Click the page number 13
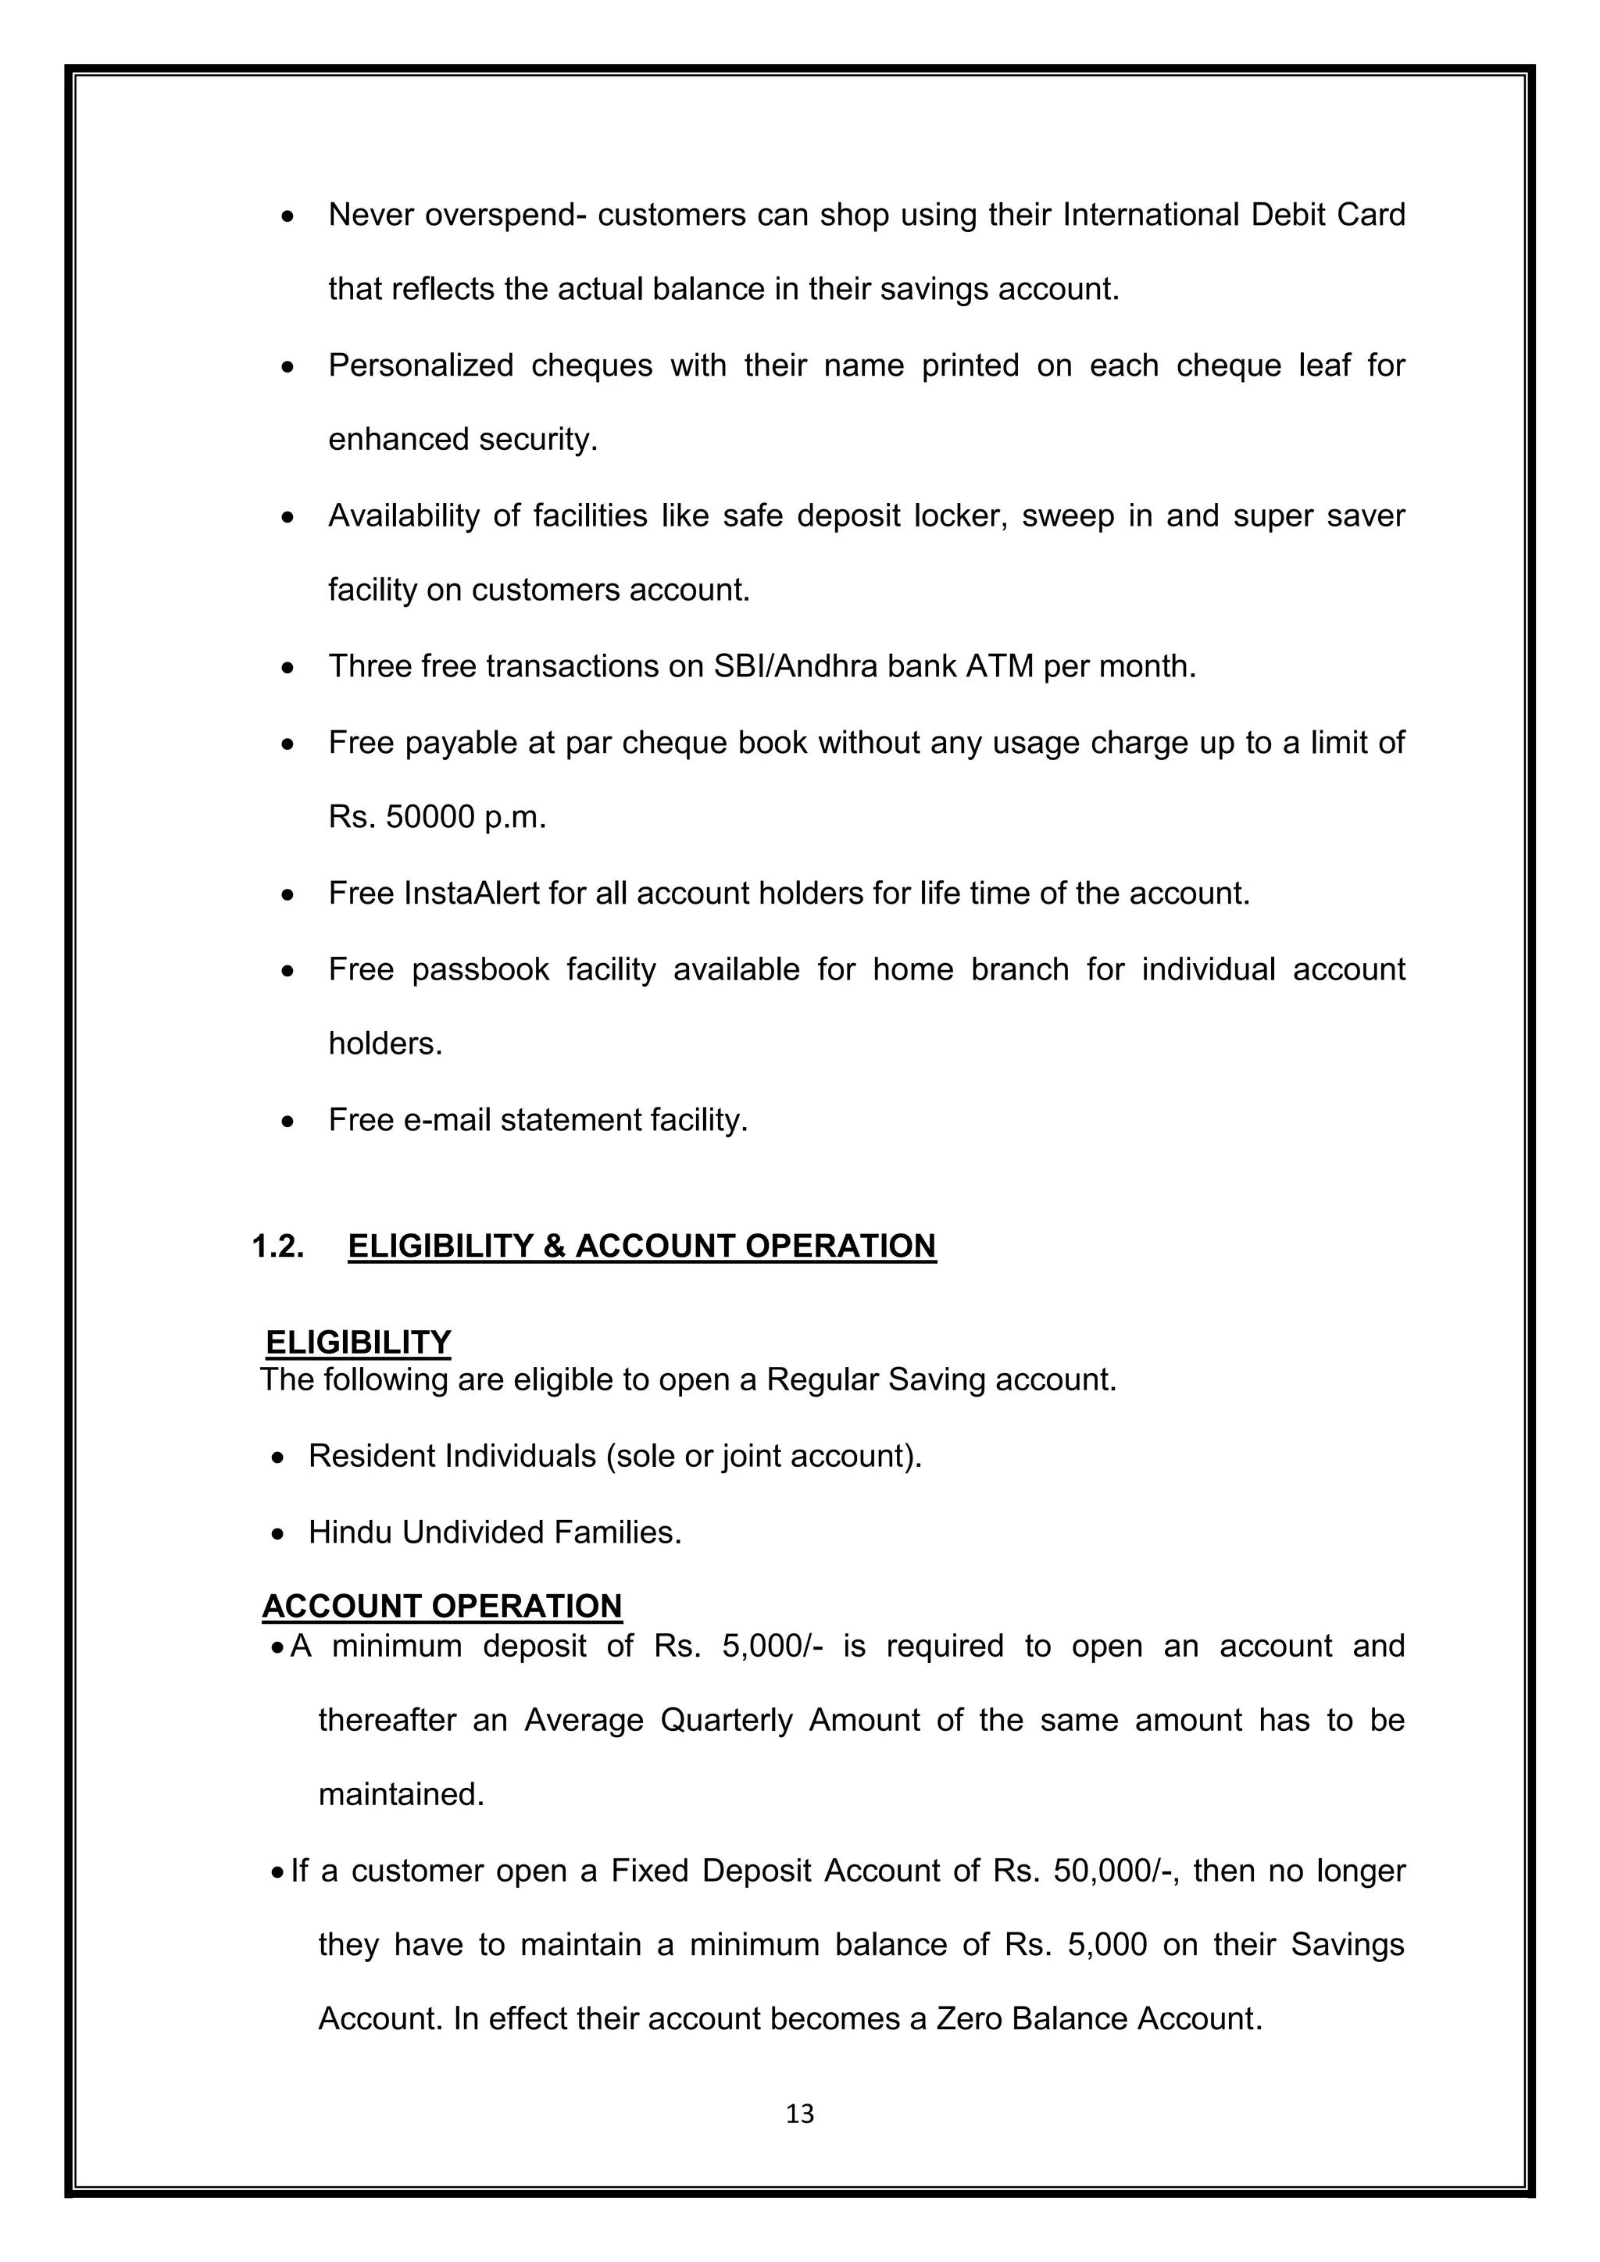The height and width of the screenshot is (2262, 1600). click(800, 2114)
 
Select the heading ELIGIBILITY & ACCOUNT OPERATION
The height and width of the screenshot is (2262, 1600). click(641, 1247)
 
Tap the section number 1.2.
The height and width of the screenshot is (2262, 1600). click(279, 1247)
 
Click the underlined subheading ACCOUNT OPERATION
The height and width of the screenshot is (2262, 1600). click(441, 1606)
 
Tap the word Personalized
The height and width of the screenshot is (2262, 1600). click(420, 366)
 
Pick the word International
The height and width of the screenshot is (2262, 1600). click(1150, 215)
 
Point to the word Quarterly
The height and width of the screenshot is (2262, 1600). click(726, 1720)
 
